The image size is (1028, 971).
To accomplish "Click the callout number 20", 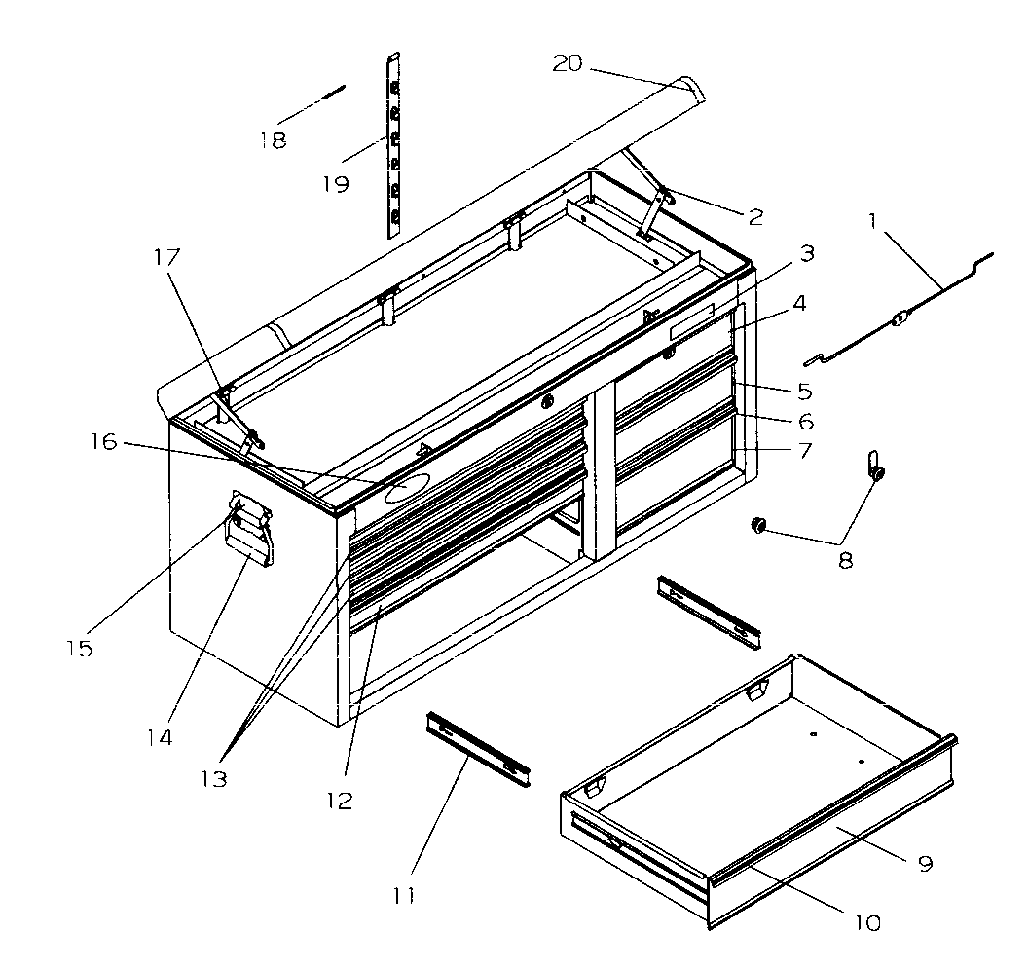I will (x=567, y=63).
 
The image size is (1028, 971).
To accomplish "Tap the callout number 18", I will (x=273, y=140).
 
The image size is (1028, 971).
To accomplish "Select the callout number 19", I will (x=335, y=184).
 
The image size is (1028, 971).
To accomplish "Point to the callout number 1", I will (x=873, y=222).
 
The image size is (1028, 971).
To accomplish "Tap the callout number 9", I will (x=924, y=863).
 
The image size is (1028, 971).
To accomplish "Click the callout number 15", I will (x=80, y=649).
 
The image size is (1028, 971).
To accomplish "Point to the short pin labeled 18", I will (x=324, y=95).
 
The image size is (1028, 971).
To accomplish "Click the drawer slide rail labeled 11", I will (x=477, y=748).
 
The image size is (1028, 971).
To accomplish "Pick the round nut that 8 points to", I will (x=756, y=527).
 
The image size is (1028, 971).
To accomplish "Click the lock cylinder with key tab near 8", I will (x=874, y=468).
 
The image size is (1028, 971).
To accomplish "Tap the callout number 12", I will (x=340, y=801).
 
